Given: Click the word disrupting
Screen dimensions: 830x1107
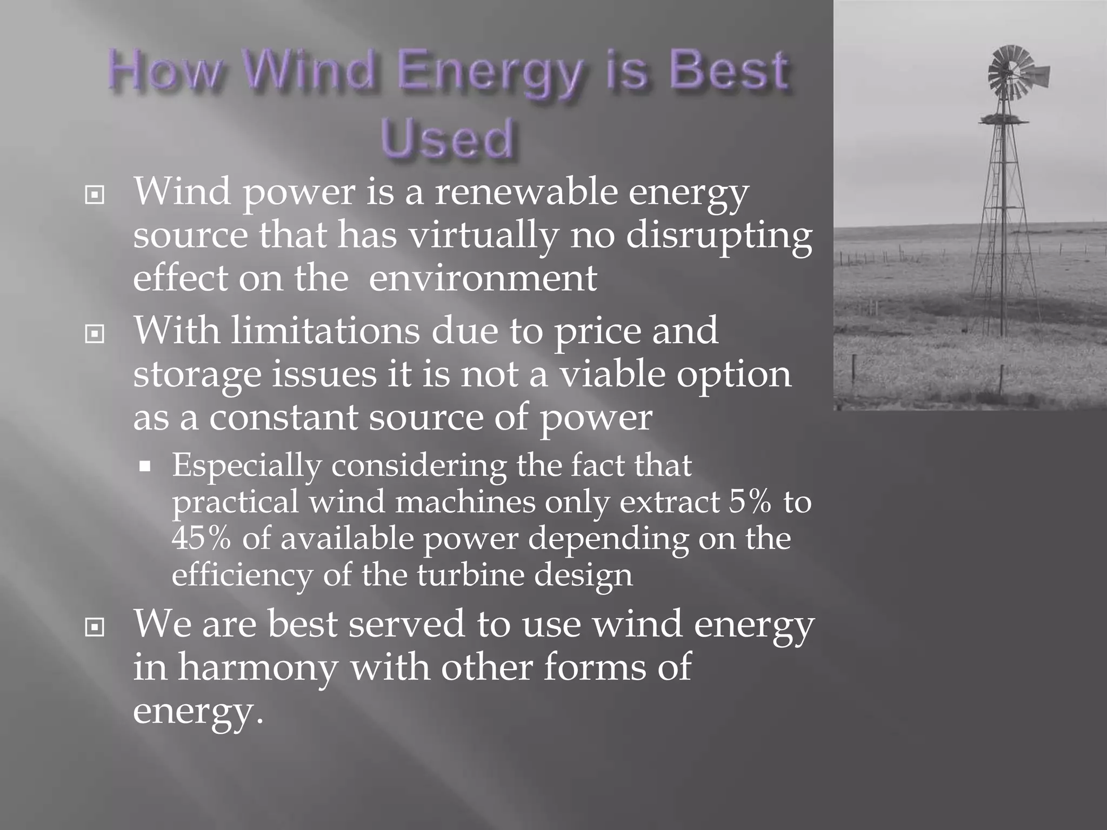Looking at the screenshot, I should [719, 236].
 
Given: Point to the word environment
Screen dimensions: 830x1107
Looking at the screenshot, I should [483, 278].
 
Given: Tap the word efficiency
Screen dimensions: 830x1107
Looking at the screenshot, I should [242, 575].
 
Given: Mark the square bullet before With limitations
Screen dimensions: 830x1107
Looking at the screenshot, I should [95, 334].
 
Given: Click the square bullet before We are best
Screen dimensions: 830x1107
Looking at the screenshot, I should [95, 627].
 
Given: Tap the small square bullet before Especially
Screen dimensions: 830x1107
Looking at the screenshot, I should [144, 466].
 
